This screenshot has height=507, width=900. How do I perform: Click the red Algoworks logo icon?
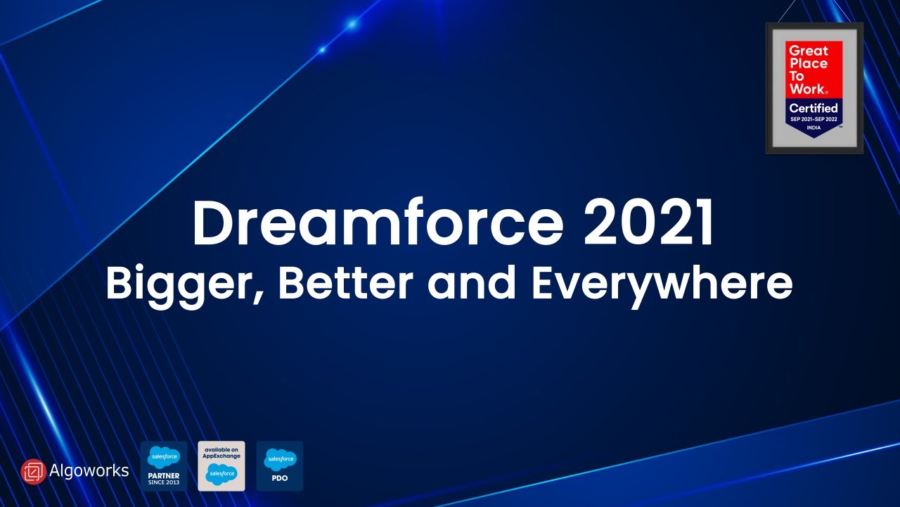pos(33,471)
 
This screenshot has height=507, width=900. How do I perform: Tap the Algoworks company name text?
pos(89,470)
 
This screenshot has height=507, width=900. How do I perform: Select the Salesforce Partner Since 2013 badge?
pos(164,465)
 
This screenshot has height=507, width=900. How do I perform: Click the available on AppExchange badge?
pos(221,465)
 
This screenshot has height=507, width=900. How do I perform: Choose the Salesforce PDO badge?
pos(279,465)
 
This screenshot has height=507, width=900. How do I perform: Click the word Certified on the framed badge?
pos(814,108)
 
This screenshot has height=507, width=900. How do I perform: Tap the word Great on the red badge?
pos(808,51)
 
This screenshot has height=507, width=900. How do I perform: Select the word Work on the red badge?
pos(806,89)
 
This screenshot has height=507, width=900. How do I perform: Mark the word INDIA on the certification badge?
pos(814,127)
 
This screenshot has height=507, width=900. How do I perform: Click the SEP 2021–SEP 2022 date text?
pos(814,119)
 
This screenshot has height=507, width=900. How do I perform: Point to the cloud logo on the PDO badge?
pos(280,460)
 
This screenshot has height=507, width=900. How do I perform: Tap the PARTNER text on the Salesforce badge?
pos(164,475)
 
